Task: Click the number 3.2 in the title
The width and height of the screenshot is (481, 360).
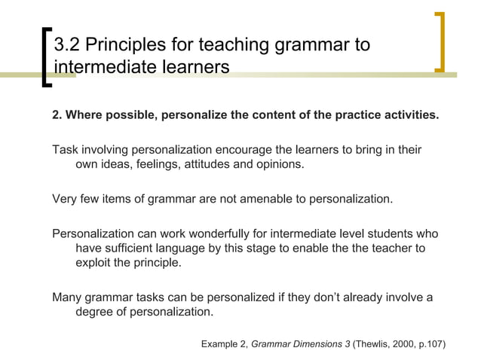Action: click(x=70, y=45)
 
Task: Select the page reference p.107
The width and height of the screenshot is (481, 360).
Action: click(x=436, y=345)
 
